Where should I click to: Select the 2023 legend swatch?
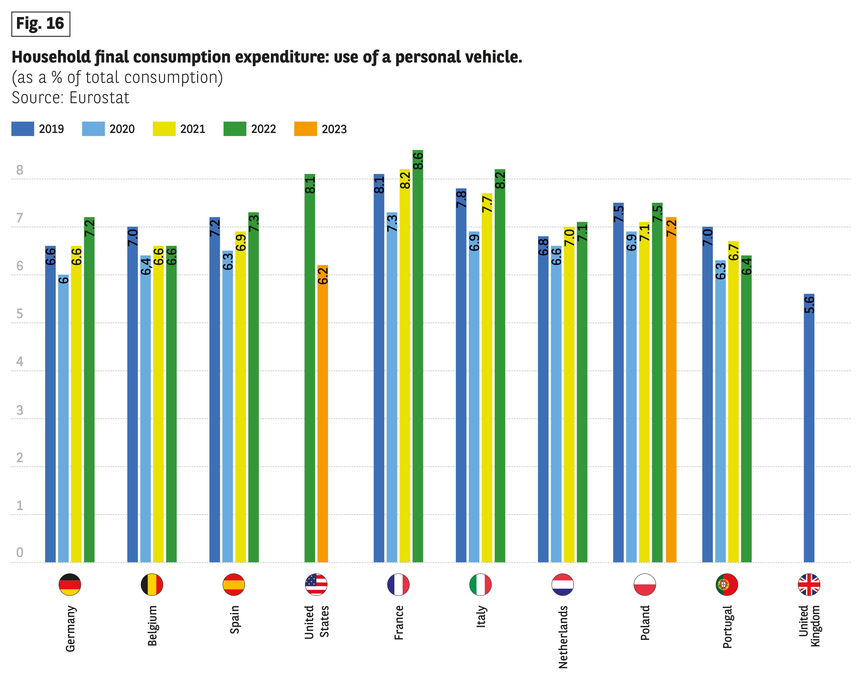click(306, 129)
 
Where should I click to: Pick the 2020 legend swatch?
click(93, 129)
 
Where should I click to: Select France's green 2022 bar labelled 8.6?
click(418, 358)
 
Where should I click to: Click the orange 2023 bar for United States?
click(323, 414)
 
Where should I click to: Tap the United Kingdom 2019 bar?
click(809, 430)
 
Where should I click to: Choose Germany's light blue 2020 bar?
click(63, 418)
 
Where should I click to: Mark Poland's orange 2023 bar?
click(671, 390)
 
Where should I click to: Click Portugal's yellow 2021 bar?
click(733, 402)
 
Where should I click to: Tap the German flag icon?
click(70, 584)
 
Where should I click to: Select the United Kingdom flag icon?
click(809, 584)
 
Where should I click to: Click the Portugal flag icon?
click(727, 584)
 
